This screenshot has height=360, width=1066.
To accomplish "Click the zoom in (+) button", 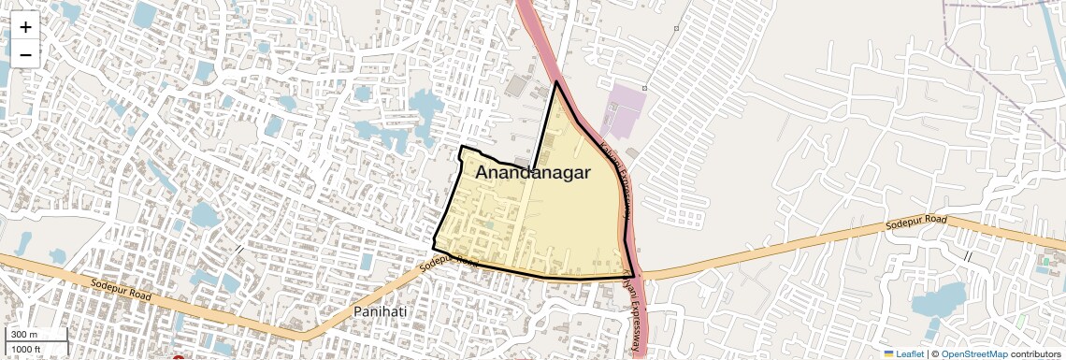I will click(25, 27).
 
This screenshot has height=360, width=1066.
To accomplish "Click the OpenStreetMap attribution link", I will click(973, 353).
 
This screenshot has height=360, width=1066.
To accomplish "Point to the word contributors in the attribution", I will click(1036, 353).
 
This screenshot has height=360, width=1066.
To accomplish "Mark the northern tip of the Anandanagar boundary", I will click(556, 82).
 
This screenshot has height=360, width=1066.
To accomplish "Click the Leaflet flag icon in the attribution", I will click(888, 353).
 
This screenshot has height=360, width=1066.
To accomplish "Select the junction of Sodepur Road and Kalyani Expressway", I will click(635, 276).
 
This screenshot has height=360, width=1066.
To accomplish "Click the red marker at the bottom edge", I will click(178, 357).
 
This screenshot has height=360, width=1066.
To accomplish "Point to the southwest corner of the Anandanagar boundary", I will click(434, 245).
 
